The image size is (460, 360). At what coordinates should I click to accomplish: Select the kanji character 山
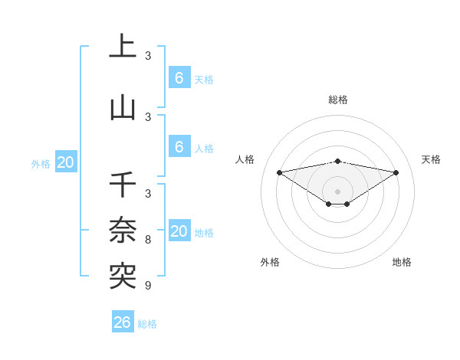(x=123, y=107)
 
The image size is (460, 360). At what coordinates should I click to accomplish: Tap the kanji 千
(x=123, y=185)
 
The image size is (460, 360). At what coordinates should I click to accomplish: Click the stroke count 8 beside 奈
(x=148, y=240)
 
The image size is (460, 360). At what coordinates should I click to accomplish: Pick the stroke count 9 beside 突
(x=148, y=286)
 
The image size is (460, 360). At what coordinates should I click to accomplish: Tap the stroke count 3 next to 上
(x=148, y=56)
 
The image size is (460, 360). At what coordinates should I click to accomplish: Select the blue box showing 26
(x=122, y=322)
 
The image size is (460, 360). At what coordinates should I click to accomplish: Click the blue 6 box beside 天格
(x=179, y=78)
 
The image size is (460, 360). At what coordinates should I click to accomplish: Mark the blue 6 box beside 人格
(x=179, y=147)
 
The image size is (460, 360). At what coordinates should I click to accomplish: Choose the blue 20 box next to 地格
(x=179, y=231)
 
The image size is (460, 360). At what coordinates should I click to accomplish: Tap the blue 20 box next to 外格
(x=66, y=162)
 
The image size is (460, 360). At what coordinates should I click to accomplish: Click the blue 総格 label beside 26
(x=148, y=324)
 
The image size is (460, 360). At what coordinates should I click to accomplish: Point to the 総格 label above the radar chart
(x=338, y=100)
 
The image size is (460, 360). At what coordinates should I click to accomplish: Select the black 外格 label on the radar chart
(x=270, y=262)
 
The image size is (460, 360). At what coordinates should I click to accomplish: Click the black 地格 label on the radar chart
(x=402, y=262)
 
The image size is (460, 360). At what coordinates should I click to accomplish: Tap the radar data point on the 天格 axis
(x=396, y=172)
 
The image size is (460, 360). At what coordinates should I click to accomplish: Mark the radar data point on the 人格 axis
(x=279, y=172)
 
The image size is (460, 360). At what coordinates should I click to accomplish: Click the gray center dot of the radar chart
(x=338, y=191)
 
